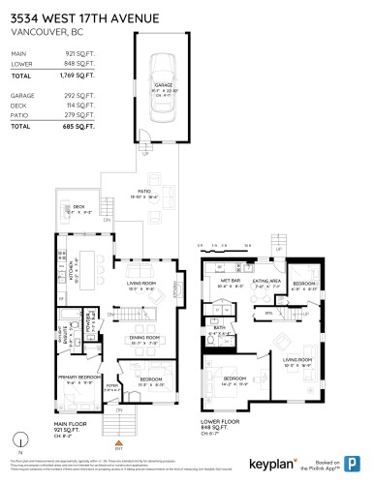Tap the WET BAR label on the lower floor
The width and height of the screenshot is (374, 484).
pyautogui.click(x=216, y=285)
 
